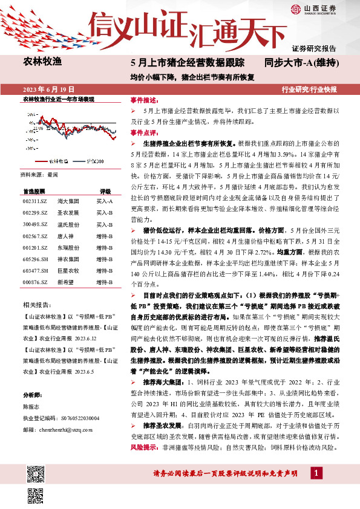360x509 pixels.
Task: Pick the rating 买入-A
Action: pos(105,200)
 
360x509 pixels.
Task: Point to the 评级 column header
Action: pos(105,190)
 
